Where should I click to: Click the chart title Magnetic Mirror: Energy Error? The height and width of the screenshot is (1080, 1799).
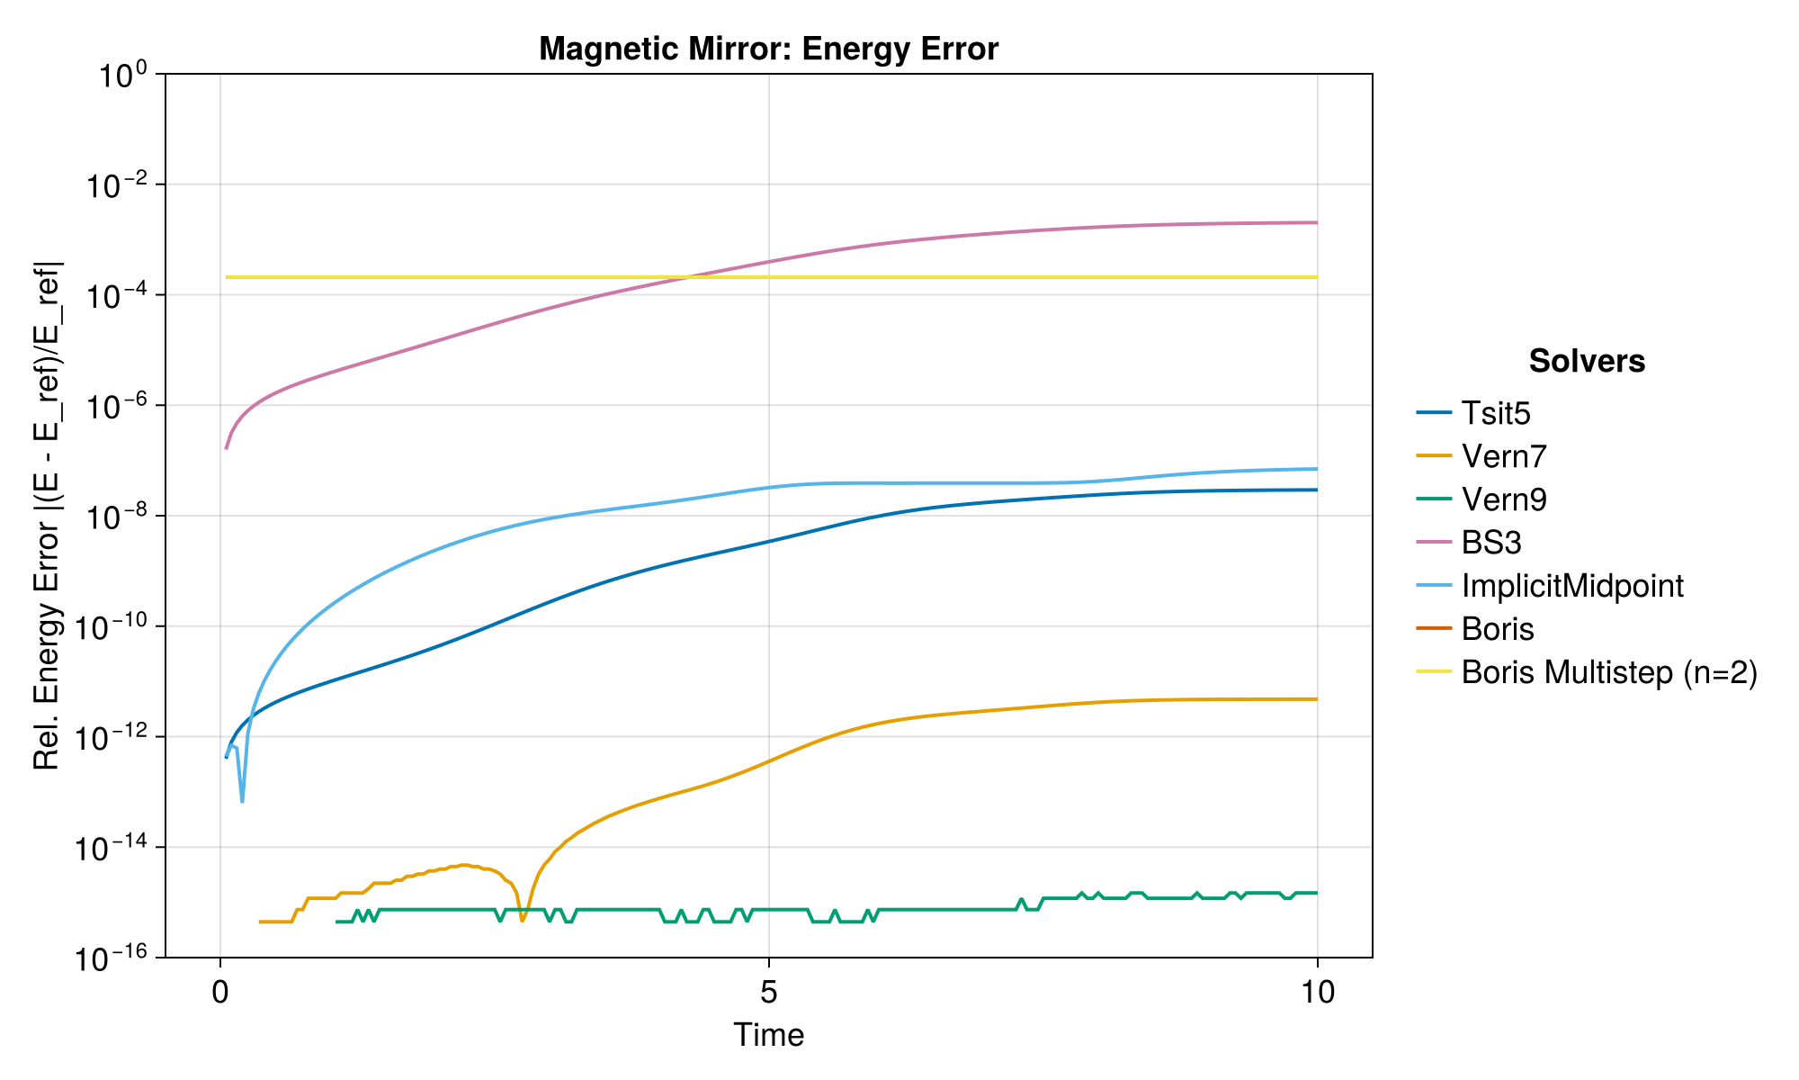[768, 49]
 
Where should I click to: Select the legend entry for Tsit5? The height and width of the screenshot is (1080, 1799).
[1496, 413]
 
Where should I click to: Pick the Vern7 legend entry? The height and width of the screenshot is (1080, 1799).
[1504, 456]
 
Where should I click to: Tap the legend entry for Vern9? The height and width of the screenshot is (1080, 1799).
[1504, 499]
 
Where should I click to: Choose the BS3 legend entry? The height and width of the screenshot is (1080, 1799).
[1491, 543]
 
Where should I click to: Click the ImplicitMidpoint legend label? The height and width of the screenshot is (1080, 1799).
[1572, 586]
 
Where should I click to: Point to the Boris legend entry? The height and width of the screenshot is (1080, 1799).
[1498, 629]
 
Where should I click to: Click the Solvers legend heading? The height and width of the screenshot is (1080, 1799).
[1587, 361]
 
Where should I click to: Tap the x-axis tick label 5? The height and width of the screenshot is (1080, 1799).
[768, 992]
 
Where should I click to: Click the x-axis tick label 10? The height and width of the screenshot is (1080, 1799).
[1317, 992]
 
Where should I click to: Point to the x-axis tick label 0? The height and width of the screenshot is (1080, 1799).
[220, 992]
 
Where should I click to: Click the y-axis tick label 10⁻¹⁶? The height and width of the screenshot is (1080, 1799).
[116, 958]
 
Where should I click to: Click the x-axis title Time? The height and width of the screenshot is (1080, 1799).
[768, 1036]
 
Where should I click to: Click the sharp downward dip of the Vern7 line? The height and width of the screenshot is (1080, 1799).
[523, 919]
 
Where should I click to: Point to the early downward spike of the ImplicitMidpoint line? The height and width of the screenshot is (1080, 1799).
[242, 799]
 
